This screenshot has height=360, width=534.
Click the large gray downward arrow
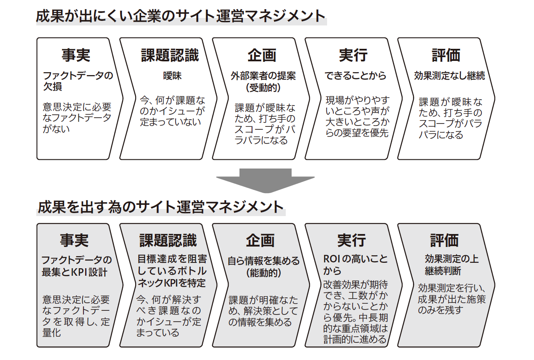tap(265, 181)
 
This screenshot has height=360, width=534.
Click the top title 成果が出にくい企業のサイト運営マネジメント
tap(181, 16)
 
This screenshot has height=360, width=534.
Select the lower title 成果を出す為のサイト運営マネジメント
tap(161, 207)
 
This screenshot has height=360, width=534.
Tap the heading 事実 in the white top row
tap(76, 55)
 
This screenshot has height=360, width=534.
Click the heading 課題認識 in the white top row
tap(170, 55)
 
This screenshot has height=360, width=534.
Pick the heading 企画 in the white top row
tap(262, 55)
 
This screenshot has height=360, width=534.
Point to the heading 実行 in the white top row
tap(353, 55)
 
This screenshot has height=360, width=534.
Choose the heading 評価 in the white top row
tap(446, 55)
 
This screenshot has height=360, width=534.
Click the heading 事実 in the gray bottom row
tap(74, 240)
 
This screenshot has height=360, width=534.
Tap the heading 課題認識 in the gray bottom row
tap(168, 240)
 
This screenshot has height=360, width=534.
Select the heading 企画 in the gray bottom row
tap(260, 240)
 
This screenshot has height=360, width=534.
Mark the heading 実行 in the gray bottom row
tap(351, 240)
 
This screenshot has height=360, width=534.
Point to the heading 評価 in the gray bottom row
tap(444, 240)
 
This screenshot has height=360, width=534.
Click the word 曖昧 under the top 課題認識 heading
tap(172, 76)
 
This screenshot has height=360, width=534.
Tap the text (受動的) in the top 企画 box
tap(263, 88)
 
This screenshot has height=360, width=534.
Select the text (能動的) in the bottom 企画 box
tap(263, 273)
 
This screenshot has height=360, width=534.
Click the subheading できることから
tap(355, 76)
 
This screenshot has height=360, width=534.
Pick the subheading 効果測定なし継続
tap(449, 76)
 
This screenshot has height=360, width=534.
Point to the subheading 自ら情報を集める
tap(263, 261)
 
